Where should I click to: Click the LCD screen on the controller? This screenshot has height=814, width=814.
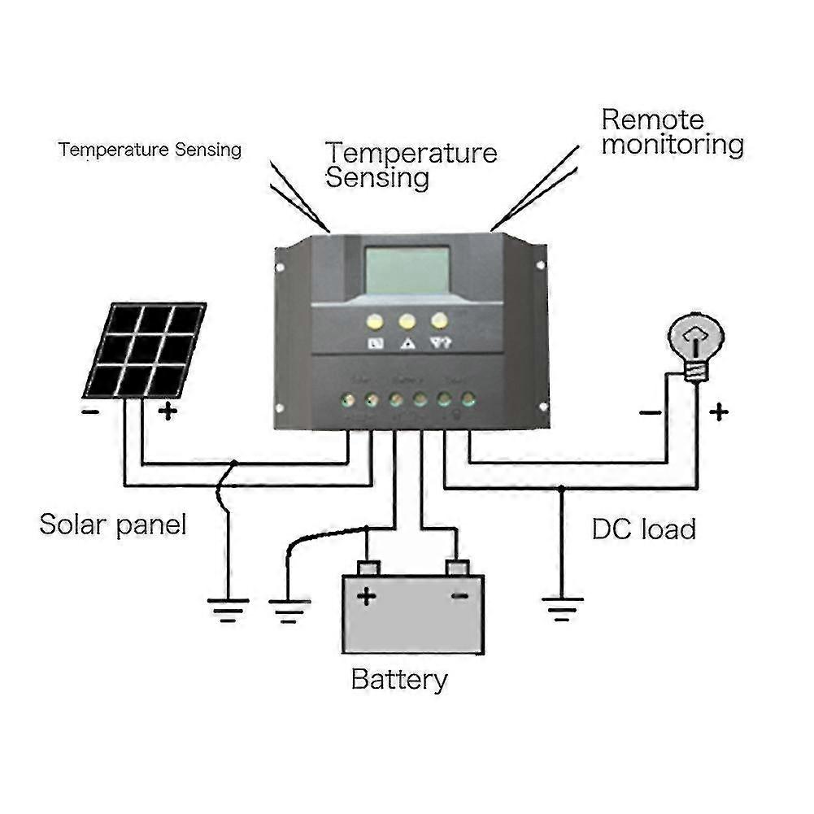tap(407, 270)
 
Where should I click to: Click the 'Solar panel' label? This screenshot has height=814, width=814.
tap(113, 525)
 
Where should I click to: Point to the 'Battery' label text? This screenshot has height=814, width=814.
tap(399, 679)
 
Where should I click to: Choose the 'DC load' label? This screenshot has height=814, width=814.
tap(643, 529)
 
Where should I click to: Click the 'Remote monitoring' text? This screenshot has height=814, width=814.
tap(672, 133)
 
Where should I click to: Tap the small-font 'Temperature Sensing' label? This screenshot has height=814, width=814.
tap(150, 150)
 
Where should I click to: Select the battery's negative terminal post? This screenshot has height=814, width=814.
tap(457, 567)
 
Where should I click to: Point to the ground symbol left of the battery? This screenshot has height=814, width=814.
tap(289, 609)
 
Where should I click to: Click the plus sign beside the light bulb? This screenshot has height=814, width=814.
tap(718, 412)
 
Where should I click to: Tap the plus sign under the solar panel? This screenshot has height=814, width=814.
tap(168, 411)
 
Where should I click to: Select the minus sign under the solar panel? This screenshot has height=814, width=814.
tap(90, 411)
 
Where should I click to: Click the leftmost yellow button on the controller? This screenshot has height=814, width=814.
tap(374, 321)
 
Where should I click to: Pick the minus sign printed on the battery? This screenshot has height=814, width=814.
tap(459, 597)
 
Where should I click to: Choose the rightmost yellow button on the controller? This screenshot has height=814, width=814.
tap(440, 320)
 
